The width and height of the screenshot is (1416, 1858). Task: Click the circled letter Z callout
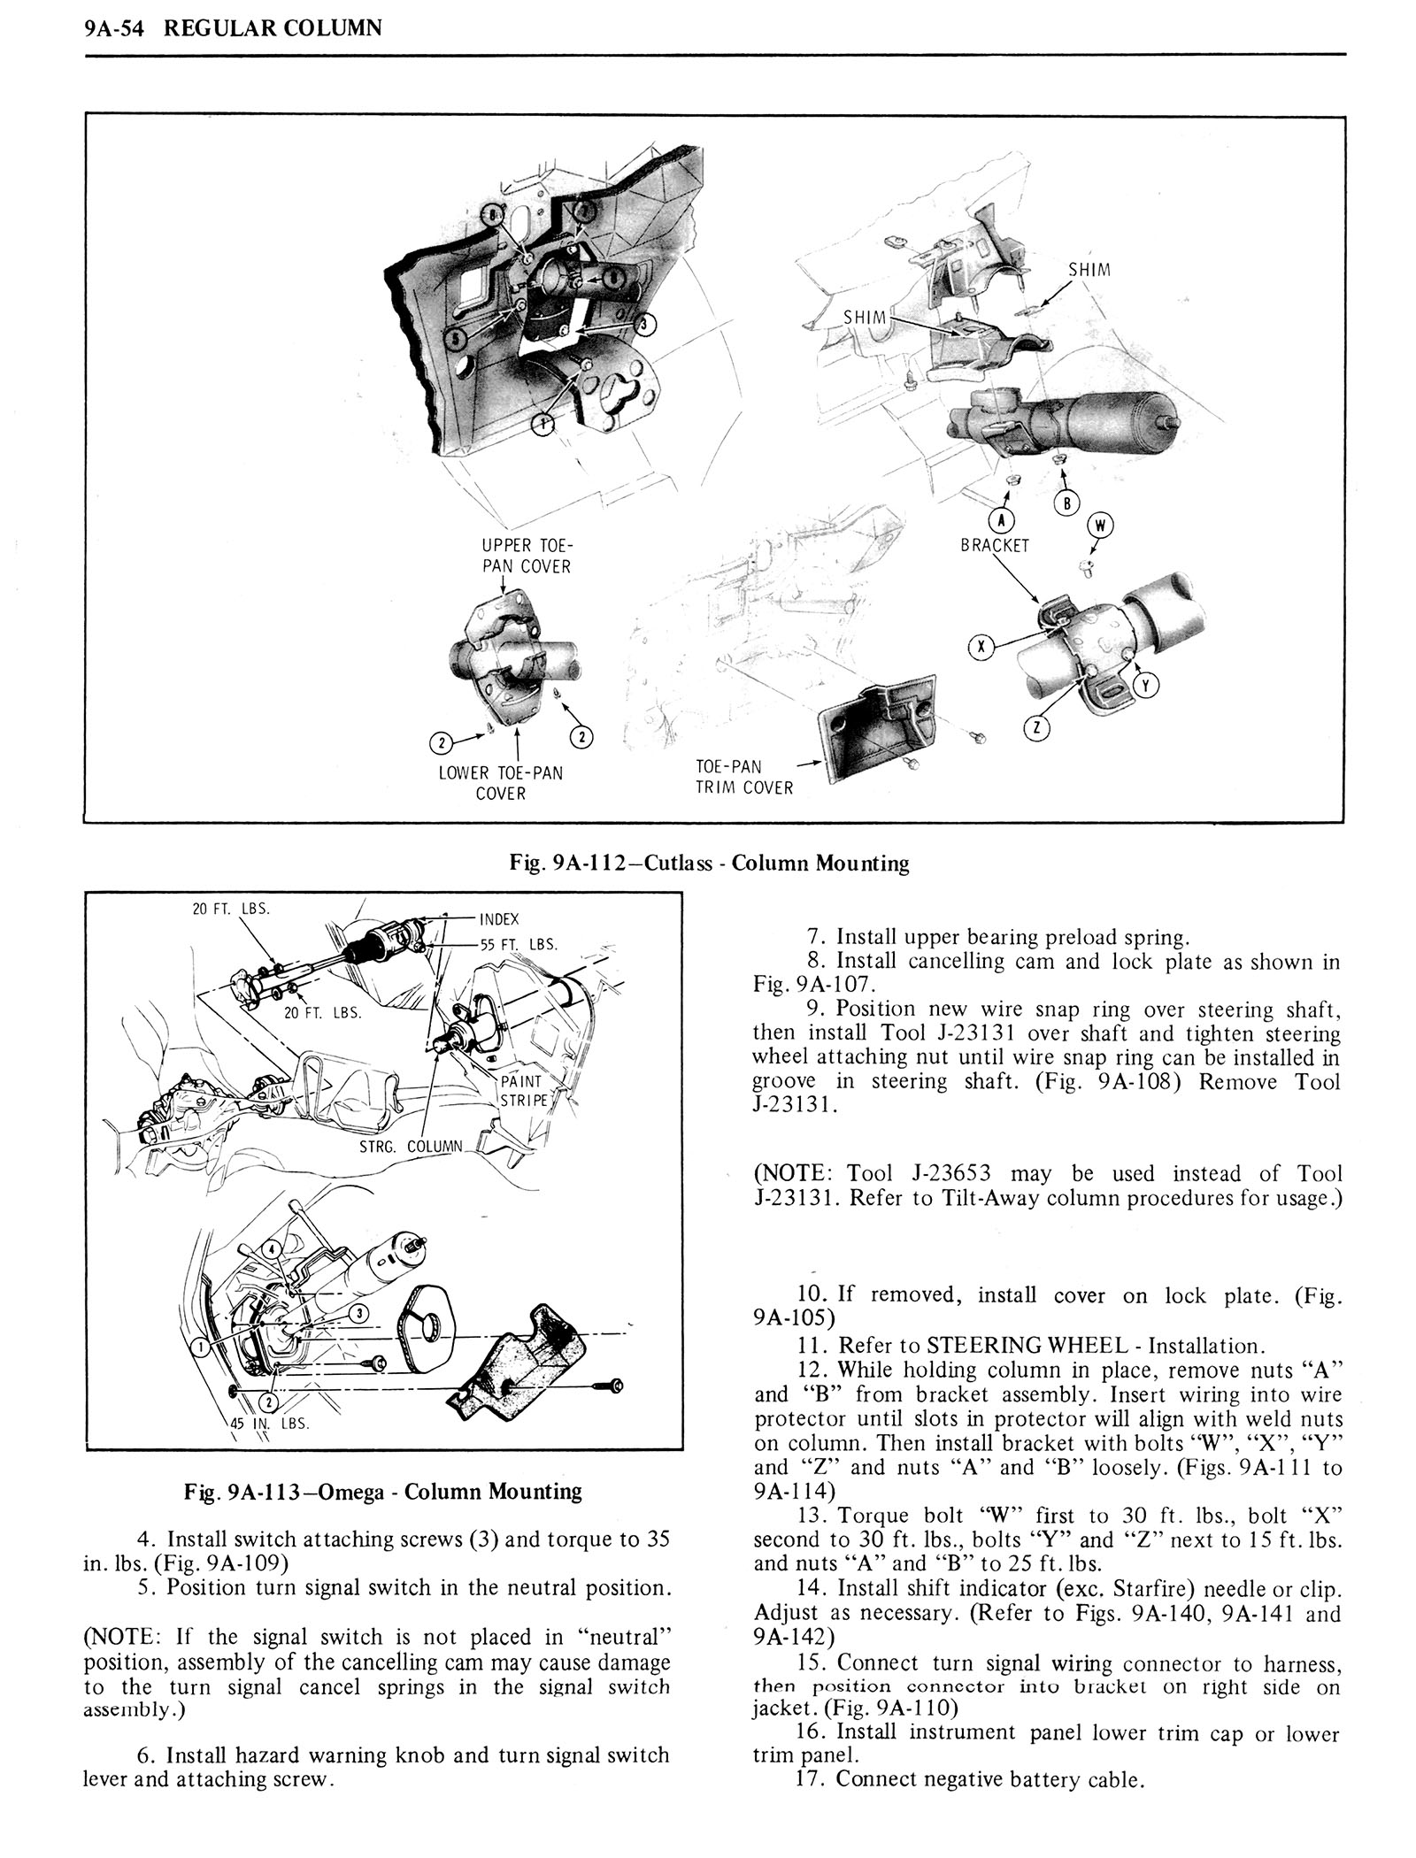click(1036, 729)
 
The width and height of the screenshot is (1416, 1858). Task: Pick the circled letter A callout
click(1007, 520)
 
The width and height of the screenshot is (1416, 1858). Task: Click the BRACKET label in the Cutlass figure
click(995, 546)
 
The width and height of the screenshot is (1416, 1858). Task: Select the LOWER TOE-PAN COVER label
click(501, 783)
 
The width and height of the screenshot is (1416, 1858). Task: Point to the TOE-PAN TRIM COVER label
click(743, 777)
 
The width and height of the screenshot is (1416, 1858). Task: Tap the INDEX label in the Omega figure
click(498, 918)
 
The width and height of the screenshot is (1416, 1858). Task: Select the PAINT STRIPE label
click(525, 1091)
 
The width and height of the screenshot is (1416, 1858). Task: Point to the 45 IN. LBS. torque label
click(277, 1424)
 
